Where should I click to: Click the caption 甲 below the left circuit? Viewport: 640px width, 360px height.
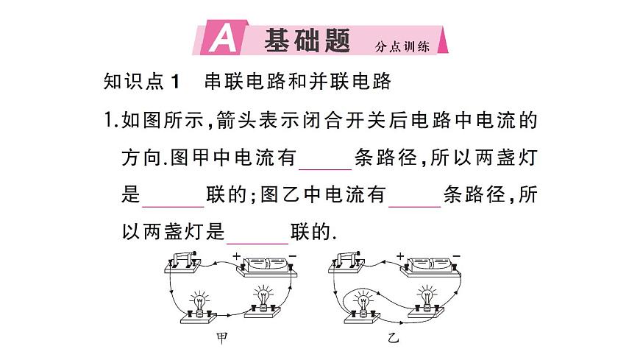pos(221,339)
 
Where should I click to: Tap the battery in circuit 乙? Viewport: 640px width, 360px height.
pos(430,266)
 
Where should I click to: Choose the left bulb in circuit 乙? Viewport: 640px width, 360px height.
pos(362,303)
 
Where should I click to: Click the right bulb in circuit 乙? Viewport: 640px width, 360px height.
pos(427,299)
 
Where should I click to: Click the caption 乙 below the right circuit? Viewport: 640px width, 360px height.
pos(394,339)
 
